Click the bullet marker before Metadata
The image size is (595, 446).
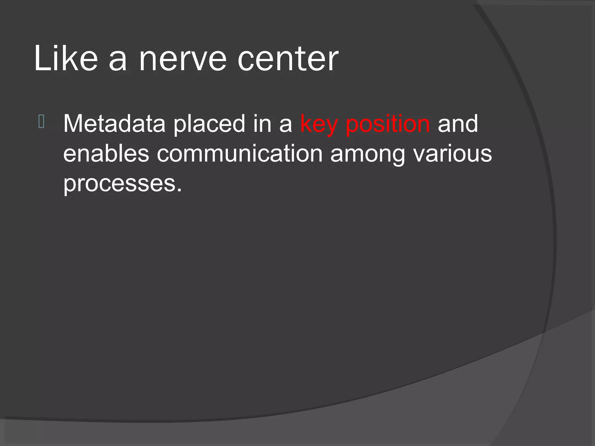pyautogui.click(x=41, y=122)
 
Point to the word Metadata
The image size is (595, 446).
pyautogui.click(x=114, y=124)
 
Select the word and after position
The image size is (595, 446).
pyautogui.click(x=458, y=124)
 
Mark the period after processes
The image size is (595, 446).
pyautogui.click(x=179, y=190)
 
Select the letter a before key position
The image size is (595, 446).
pyautogui.click(x=285, y=125)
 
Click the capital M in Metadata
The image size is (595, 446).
pyautogui.click(x=73, y=124)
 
